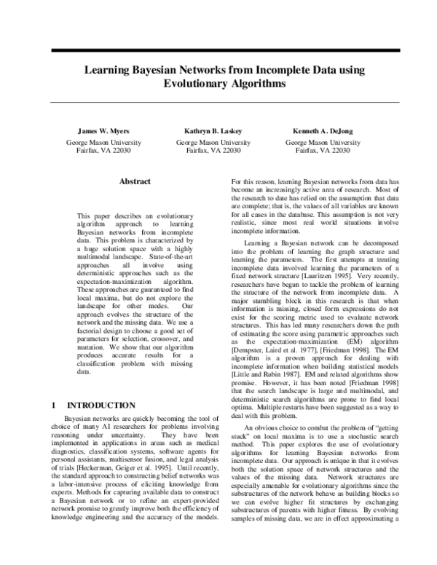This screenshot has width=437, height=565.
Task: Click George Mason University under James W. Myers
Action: pos(104,143)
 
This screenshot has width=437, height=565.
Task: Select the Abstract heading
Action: pos(135,182)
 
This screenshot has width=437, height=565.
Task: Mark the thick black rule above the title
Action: pos(218,50)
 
